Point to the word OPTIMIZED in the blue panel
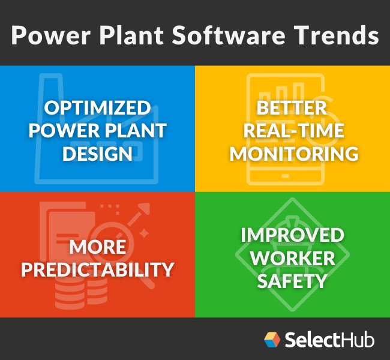[97, 109]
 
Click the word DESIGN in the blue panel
[97, 152]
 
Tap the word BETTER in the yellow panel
[292, 109]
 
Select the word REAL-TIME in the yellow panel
[292, 131]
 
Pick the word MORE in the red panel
[97, 247]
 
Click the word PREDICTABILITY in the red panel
[97, 268]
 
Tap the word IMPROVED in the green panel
[292, 235]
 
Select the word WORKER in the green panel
[292, 257]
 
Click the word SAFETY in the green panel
[292, 280]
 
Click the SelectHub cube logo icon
[272, 340]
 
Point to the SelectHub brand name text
[329, 340]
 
